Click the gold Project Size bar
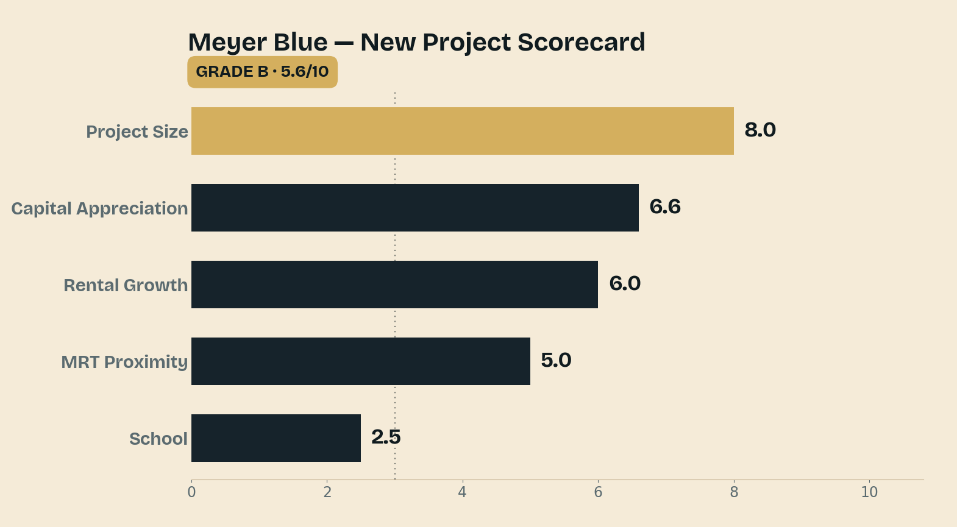(462, 130)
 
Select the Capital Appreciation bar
(415, 208)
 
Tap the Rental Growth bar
(394, 285)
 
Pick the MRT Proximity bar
(361, 361)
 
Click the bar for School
(276, 437)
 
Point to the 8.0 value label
(760, 130)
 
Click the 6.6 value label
(665, 207)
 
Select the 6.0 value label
(625, 283)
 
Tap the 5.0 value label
(556, 360)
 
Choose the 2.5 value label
(386, 437)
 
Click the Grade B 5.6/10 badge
(262, 72)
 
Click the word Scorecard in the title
(581, 42)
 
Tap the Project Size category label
(137, 132)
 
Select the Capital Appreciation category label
(99, 208)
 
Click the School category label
(158, 439)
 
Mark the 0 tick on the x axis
(191, 492)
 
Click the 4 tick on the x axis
(462, 492)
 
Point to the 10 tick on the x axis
(869, 492)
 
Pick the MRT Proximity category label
(124, 362)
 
